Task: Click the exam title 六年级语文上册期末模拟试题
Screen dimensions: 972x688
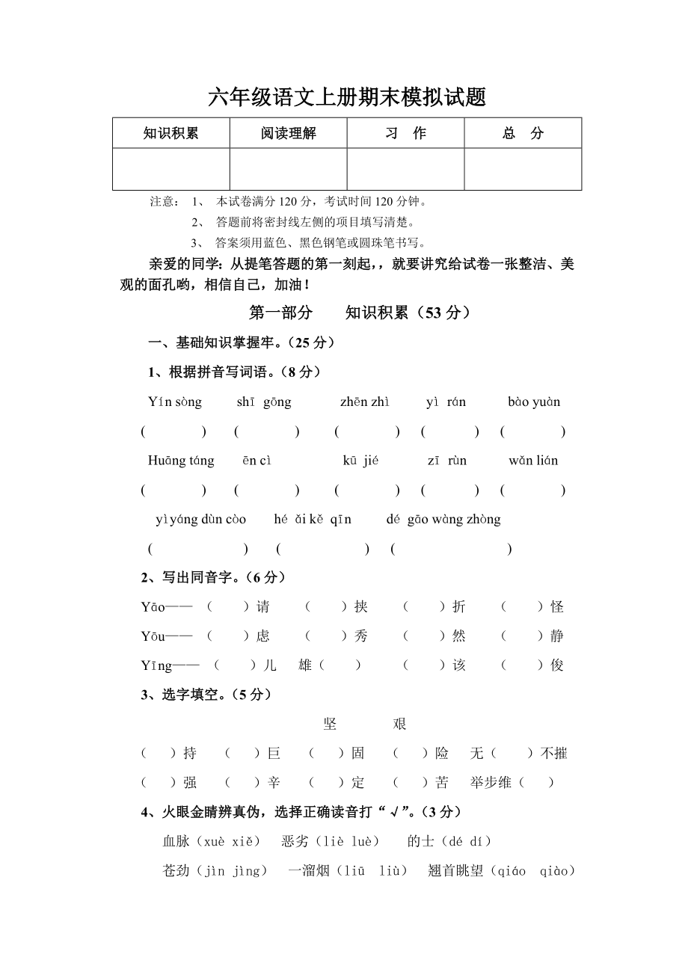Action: point(346,96)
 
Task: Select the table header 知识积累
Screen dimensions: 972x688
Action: point(171,133)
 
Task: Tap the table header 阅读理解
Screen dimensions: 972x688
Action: point(288,133)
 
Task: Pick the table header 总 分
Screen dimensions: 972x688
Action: point(523,133)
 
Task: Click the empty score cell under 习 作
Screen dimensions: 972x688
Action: point(405,169)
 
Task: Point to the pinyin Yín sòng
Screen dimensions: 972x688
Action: point(175,402)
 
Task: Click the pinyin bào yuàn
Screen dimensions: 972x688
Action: point(534,402)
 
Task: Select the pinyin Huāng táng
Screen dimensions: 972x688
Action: point(181,461)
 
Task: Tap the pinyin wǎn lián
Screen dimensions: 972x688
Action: point(533,461)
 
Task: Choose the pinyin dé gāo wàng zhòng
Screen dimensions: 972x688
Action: point(443,520)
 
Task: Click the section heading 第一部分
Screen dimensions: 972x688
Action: point(280,313)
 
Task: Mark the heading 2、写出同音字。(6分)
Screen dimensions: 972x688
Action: point(213,577)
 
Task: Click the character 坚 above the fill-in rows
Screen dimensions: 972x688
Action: point(330,724)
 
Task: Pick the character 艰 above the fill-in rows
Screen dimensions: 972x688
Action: point(399,724)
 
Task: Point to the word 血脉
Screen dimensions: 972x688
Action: point(176,841)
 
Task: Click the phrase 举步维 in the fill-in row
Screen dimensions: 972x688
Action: point(491,783)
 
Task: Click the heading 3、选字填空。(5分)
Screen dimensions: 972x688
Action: point(206,695)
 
